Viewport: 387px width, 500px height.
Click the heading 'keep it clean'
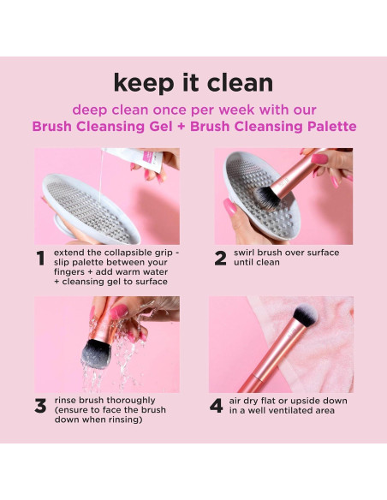(x=193, y=83)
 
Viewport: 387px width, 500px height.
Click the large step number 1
(x=40, y=259)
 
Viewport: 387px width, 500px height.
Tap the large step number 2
(x=220, y=259)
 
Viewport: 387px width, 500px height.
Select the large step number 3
(x=40, y=406)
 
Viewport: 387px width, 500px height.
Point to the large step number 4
(x=217, y=406)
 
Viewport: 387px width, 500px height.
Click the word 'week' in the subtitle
(x=236, y=110)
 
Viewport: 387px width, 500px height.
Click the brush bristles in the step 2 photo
(x=268, y=199)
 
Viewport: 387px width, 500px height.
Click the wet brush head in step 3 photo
(x=97, y=354)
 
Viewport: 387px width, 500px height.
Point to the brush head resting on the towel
(x=306, y=315)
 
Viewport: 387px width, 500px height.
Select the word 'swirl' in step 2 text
(x=244, y=253)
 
